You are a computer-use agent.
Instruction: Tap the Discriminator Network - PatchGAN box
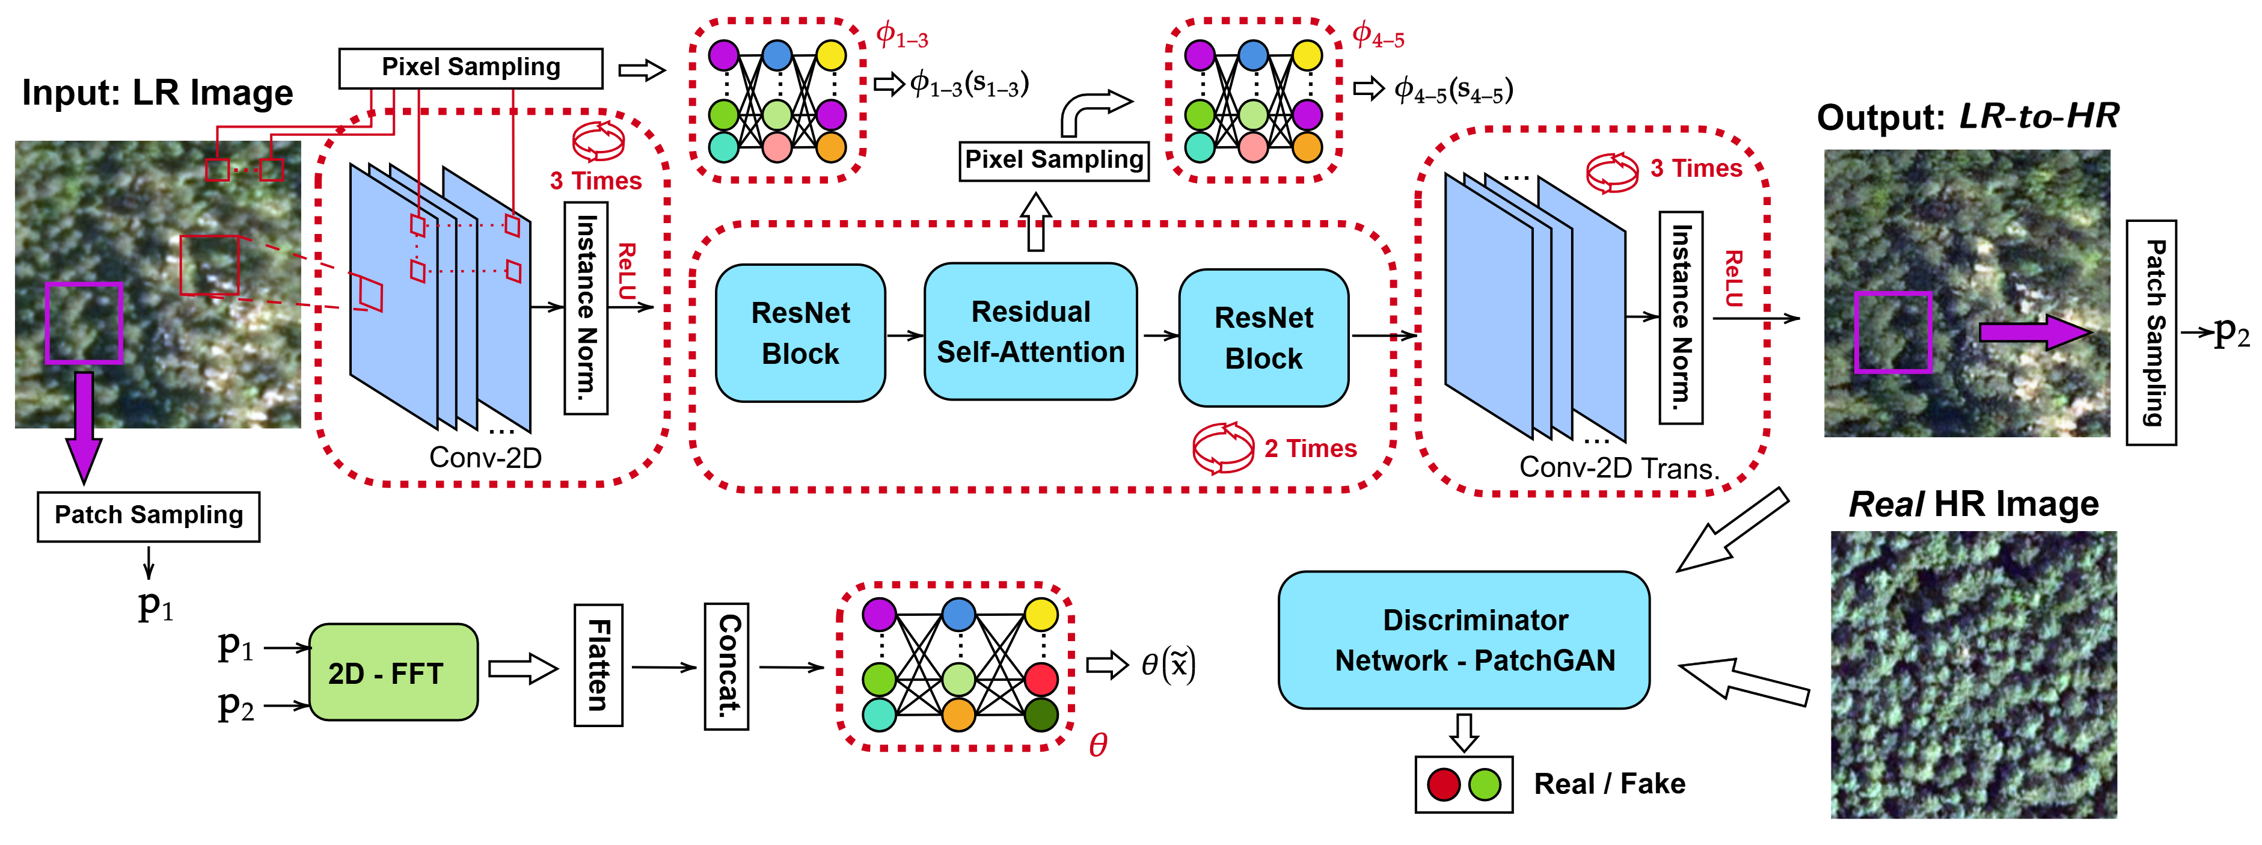(1464, 639)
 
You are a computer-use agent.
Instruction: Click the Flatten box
(598, 665)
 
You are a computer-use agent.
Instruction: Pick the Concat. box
(727, 666)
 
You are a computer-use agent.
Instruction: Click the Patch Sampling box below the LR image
(149, 515)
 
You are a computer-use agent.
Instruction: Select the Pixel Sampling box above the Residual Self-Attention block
(1053, 161)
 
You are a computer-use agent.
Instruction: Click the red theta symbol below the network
(1098, 745)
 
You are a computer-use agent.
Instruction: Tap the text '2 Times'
(1310, 449)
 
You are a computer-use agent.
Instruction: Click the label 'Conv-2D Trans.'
(1619, 467)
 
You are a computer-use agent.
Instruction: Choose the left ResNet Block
(800, 333)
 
